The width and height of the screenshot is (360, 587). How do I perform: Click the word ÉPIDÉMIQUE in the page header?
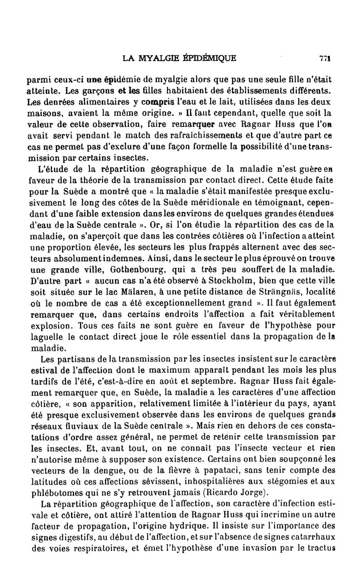pos(208,58)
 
